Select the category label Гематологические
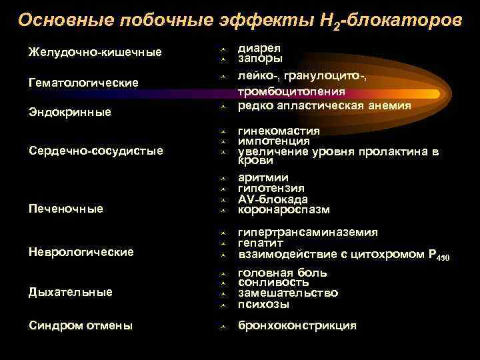83,83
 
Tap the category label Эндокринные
69,113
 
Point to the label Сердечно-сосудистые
95,151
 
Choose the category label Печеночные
65,209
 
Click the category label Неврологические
81,251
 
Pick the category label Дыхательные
70,292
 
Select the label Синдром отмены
80,325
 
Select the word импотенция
273,141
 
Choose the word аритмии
263,177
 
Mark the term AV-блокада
272,199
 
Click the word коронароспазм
283,210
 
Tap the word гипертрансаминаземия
307,232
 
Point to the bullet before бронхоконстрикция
225,326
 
